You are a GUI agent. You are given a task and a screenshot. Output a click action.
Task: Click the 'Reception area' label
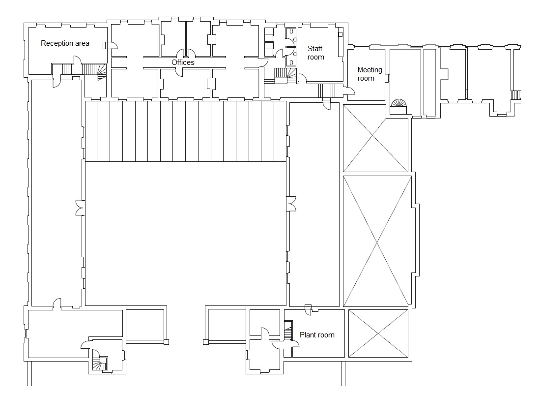pos(65,43)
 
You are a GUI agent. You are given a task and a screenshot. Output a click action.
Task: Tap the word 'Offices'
pos(183,62)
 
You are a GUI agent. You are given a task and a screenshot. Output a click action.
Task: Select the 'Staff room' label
pos(316,53)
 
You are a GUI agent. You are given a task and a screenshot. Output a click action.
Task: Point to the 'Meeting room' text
pos(369,74)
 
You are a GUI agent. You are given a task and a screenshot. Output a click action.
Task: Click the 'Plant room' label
pos(317,335)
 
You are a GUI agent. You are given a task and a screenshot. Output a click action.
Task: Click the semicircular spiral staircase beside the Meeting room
pos(399,103)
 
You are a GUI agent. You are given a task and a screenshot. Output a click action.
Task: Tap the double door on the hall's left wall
pos(80,208)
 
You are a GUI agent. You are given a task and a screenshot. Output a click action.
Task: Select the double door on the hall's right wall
pos(291,204)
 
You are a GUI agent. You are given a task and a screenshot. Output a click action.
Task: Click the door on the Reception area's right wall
pos(110,45)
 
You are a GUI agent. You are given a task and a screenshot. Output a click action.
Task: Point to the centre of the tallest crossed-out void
pos(377,242)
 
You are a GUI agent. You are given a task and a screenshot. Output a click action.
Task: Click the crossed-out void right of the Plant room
pos(378,333)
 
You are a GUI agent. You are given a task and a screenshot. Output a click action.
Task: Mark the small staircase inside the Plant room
pos(288,331)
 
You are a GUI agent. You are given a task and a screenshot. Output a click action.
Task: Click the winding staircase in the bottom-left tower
pos(100,364)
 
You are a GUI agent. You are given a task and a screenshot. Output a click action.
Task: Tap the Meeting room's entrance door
pos(349,91)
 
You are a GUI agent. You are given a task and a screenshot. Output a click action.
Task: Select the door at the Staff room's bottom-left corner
pos(302,78)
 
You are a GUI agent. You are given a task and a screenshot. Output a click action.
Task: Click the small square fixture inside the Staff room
pos(340,34)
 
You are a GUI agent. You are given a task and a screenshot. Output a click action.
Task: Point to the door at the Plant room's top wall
pos(308,309)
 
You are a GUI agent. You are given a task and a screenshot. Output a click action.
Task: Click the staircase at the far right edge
pos(515,95)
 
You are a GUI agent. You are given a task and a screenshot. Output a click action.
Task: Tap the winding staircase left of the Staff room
pos(286,75)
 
